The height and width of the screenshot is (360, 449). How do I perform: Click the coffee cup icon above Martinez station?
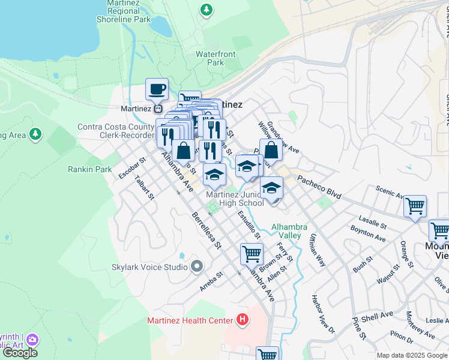coord(157,89)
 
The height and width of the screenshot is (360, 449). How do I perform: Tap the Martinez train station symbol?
coord(157,109)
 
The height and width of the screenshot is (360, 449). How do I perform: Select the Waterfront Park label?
coord(215,58)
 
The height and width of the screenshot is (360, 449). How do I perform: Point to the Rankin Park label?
coord(90,170)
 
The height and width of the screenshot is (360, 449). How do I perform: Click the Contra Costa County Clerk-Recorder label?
coord(116,131)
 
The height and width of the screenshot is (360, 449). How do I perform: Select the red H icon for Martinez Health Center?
coord(242,320)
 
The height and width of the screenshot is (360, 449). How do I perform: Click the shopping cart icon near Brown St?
coord(252,254)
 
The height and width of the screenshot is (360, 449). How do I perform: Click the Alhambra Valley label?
coord(289,231)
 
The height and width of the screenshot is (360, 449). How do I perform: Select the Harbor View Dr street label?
coord(322,313)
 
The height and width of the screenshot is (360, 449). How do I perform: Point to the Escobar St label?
coord(133,169)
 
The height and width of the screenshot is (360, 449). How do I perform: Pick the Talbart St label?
coord(145,187)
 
